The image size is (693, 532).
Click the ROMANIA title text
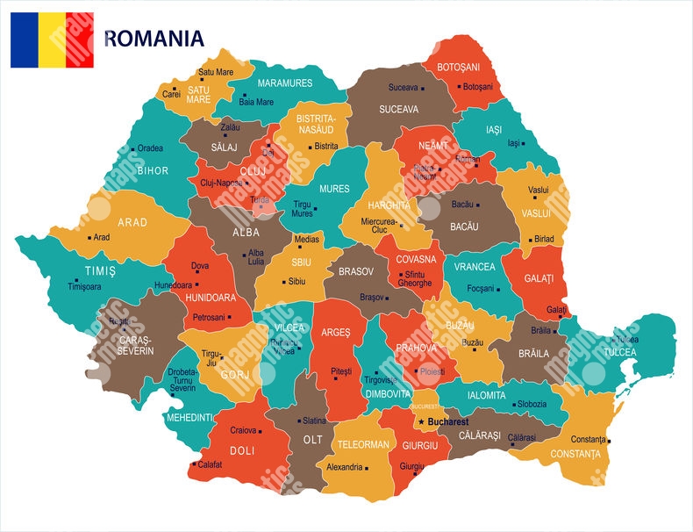click(154, 38)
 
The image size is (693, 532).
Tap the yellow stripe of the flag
click(52, 40)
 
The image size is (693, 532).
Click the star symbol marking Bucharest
click(421, 422)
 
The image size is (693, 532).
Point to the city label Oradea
click(150, 148)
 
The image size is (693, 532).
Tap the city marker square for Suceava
click(423, 88)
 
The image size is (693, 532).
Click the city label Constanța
click(588, 439)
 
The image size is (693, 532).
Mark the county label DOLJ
click(242, 449)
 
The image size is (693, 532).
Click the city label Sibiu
click(297, 282)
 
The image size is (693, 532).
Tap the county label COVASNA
click(416, 260)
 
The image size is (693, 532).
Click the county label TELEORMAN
click(363, 444)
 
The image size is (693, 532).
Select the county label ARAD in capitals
click(132, 222)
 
